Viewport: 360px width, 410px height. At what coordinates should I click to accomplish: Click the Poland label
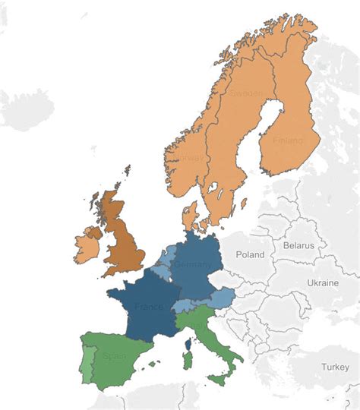click(x=249, y=254)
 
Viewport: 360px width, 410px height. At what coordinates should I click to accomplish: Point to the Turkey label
click(x=334, y=367)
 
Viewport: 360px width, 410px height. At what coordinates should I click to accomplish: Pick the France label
click(x=148, y=307)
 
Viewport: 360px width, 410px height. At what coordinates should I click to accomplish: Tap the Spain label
click(x=116, y=355)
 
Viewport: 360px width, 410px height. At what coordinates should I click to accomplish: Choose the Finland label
click(x=286, y=140)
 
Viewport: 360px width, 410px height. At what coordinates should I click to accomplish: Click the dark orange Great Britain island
click(x=122, y=239)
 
